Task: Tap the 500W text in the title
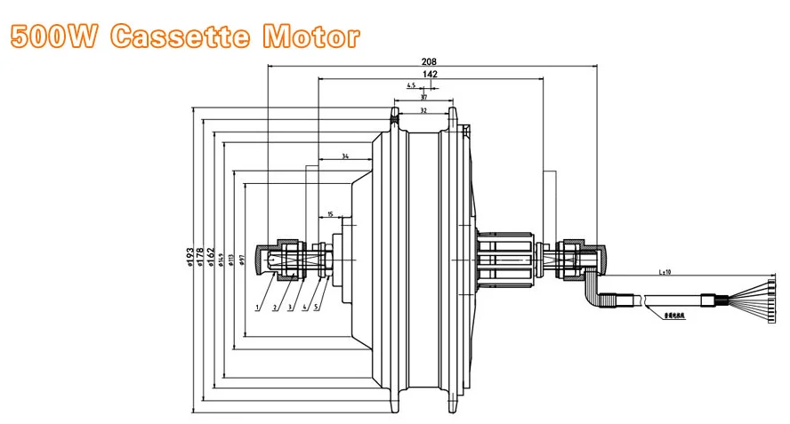point(56,37)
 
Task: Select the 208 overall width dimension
point(430,62)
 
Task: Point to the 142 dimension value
point(431,76)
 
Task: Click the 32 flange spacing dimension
point(423,111)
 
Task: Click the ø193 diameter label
point(189,257)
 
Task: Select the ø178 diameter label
point(201,257)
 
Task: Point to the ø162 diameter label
point(211,258)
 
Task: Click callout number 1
point(257,308)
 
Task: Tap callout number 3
point(290,308)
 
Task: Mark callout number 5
point(316,308)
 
